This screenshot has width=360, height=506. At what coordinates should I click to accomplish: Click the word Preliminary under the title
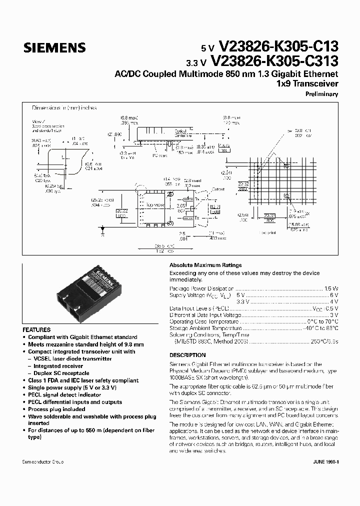tap(322, 94)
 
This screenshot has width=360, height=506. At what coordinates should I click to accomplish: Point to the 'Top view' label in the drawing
tap(155, 205)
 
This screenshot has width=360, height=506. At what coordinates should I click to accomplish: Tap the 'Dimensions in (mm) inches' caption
tap(64, 107)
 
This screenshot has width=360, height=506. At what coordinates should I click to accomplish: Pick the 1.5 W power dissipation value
tap(332, 288)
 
